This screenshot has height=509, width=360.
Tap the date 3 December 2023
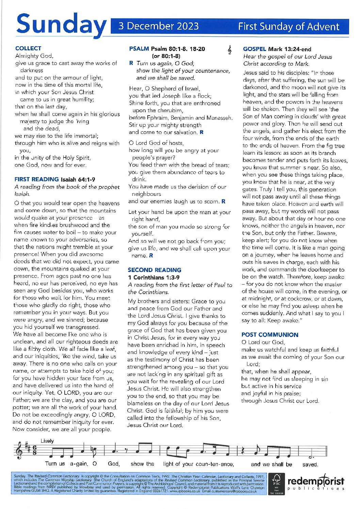pos(158,26)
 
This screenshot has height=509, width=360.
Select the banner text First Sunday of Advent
pos(289,27)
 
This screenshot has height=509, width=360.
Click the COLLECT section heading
pos(28,48)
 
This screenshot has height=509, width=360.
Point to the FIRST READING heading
pos(37,179)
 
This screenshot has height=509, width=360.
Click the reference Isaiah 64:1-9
pos(78,180)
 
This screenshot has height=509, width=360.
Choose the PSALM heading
pos(139,49)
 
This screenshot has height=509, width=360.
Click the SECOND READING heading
pos(154,270)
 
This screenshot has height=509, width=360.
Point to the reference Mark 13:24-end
pos(290,49)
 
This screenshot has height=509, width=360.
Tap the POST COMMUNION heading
pos(270,335)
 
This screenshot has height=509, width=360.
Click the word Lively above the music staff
pos(47,441)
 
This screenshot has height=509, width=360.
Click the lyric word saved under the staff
pos(310,464)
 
